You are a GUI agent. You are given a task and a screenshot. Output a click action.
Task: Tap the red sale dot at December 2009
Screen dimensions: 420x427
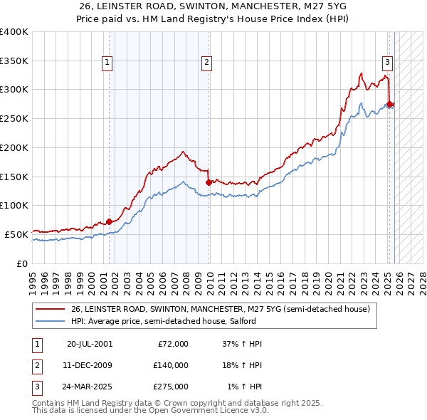point(209,182)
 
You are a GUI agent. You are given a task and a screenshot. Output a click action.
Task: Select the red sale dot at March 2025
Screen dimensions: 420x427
point(390,104)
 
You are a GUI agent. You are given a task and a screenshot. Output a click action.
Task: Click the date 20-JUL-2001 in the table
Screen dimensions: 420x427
point(90,344)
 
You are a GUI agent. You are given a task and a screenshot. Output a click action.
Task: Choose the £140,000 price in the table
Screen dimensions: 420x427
point(170,365)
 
